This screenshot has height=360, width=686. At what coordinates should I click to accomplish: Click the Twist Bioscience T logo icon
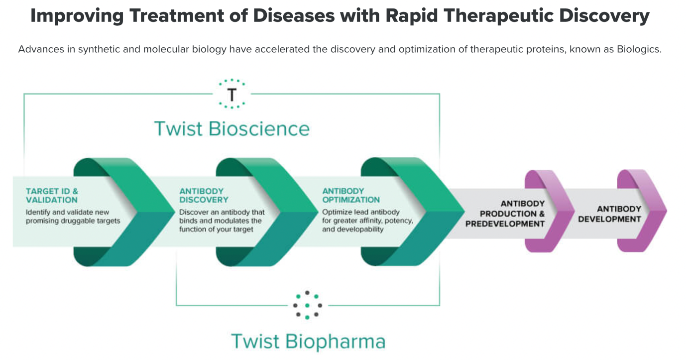(232, 94)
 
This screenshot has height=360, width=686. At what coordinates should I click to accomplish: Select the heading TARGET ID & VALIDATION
(52, 196)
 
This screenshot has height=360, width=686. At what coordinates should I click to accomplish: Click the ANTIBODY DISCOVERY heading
(204, 196)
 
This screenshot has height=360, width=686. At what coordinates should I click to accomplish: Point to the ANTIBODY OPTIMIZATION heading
(350, 196)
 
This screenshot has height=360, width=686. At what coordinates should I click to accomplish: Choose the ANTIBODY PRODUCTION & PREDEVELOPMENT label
(505, 214)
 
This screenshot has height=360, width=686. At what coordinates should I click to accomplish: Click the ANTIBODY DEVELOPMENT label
(609, 214)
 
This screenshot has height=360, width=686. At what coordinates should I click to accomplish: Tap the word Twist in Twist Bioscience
(178, 128)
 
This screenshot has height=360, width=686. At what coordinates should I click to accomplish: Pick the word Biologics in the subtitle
(639, 49)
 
